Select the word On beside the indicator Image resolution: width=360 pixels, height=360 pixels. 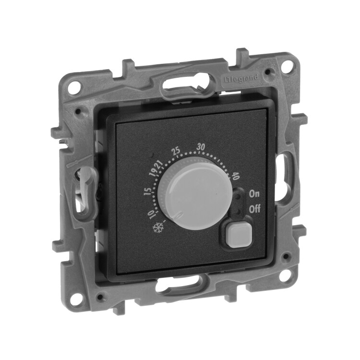[x=254, y=194]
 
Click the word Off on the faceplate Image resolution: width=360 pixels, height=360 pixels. [x=255, y=209]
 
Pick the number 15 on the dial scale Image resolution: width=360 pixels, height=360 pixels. [x=148, y=192]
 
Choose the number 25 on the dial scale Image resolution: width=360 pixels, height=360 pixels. [x=176, y=152]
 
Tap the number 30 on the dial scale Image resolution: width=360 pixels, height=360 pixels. [x=201, y=147]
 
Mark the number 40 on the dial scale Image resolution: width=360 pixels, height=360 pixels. [x=235, y=177]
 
